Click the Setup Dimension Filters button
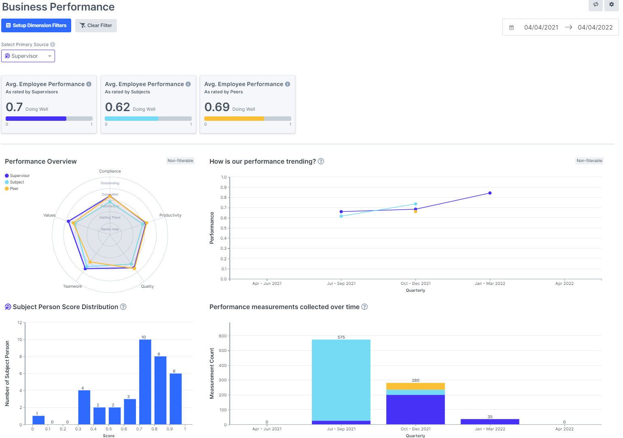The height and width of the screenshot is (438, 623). tap(36, 25)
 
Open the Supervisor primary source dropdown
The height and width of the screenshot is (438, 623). tap(28, 56)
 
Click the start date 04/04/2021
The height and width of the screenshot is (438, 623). tap(541, 27)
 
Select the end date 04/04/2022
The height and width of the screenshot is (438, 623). tap(595, 27)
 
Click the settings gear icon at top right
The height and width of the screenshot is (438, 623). tap(611, 4)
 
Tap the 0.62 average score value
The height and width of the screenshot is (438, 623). tap(117, 107)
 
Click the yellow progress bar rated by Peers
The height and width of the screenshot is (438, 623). tap(234, 119)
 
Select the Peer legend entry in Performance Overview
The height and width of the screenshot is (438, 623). tap(14, 189)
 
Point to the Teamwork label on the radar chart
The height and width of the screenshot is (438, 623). tap(72, 286)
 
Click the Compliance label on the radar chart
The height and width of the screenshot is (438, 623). tap(110, 171)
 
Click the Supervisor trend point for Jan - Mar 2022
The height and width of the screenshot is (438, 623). tap(490, 193)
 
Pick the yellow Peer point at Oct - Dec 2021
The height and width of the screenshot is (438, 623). tap(415, 212)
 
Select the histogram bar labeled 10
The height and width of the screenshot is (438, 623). tap(145, 381)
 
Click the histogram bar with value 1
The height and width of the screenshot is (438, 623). tap(38, 420)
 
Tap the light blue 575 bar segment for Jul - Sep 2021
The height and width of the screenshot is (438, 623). tap(341, 380)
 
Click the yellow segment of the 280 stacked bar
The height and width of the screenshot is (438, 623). tap(415, 386)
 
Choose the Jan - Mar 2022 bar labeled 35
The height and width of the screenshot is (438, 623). tap(490, 422)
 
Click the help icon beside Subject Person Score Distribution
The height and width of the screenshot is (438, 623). tap(123, 307)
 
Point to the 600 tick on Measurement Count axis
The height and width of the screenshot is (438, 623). tap(222, 336)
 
